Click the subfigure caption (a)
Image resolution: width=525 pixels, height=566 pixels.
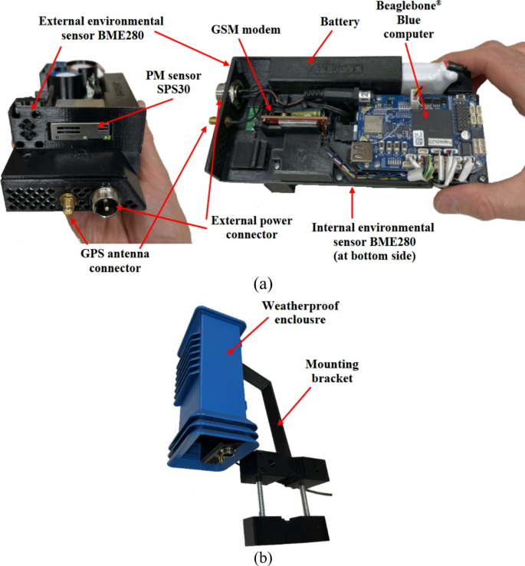[x=263, y=283]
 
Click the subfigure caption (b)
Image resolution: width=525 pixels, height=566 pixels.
[x=263, y=557]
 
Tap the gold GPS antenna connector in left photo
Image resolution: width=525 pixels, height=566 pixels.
[x=67, y=204]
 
